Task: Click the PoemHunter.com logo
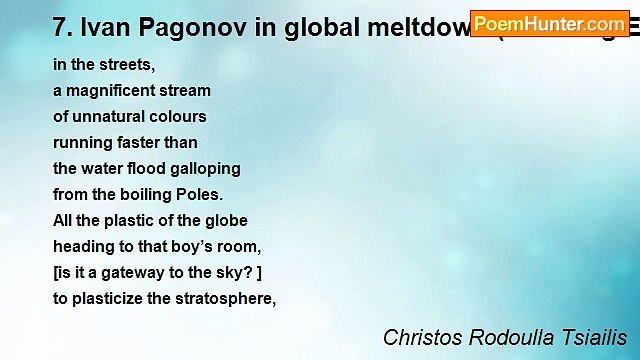pyautogui.click(x=550, y=22)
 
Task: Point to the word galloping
pyautogui.click(x=205, y=168)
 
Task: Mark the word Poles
pyautogui.click(x=200, y=194)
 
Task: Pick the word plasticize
pyautogui.click(x=108, y=298)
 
